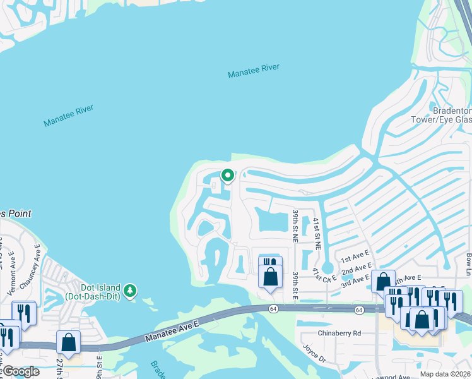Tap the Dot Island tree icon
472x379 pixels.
pos(130,291)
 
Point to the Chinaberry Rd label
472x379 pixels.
pos(339,333)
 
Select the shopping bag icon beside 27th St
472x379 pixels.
pos(68,342)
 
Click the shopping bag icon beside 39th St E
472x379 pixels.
pos(270,277)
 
